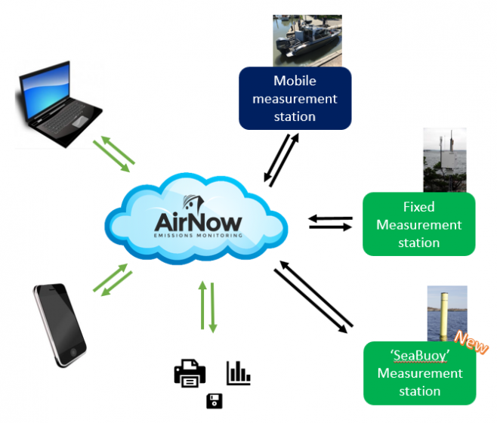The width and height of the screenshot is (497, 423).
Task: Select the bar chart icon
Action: coord(238,372)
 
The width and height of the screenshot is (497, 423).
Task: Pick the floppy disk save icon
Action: coord(214,400)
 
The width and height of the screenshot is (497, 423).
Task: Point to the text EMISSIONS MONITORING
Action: coord(198,236)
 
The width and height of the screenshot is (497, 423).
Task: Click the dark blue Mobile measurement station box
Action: coord(295,98)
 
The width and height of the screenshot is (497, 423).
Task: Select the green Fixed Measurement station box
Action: coord(418,224)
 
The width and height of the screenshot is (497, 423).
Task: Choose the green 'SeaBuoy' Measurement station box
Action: coord(418,373)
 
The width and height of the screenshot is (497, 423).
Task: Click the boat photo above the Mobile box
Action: coord(307,42)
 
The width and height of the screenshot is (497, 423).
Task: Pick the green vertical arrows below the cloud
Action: coord(208,306)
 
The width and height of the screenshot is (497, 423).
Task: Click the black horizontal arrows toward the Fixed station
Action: coord(331,222)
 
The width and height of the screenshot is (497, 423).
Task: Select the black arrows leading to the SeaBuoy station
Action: coord(313,295)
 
